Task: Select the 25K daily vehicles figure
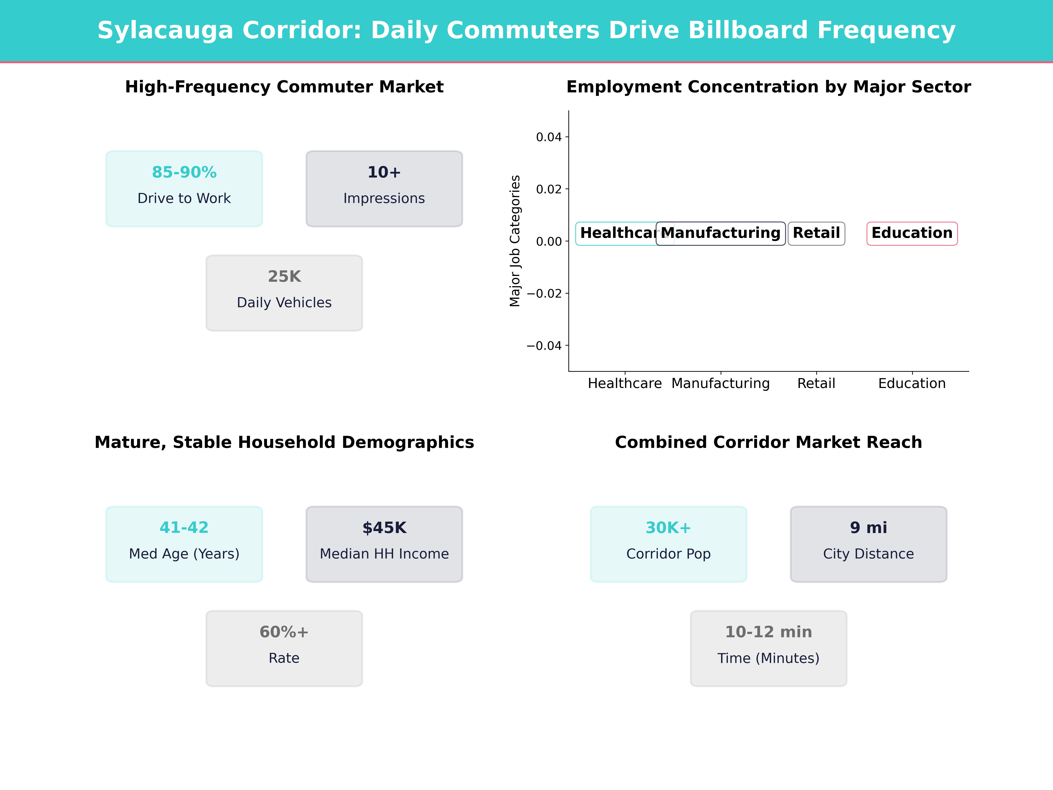pyautogui.click(x=284, y=277)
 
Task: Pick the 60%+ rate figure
pyautogui.click(x=284, y=632)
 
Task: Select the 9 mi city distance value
pyautogui.click(x=868, y=528)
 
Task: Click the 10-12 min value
pyautogui.click(x=768, y=632)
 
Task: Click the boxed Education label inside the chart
pyautogui.click(x=912, y=233)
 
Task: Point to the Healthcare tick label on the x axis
pyautogui.click(x=625, y=383)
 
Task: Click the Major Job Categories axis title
pyautogui.click(x=515, y=241)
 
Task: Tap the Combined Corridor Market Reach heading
pyautogui.click(x=768, y=442)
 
